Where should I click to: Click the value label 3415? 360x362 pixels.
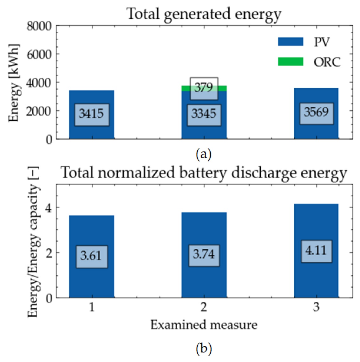[x=92, y=114]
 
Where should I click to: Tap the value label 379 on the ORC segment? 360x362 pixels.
[x=204, y=87]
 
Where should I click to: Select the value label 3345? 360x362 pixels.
[x=204, y=114]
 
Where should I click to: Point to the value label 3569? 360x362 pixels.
[x=316, y=112]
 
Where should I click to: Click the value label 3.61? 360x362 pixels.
[x=92, y=256]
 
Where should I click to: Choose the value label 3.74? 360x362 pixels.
[x=204, y=254]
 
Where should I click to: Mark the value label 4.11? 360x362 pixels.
[x=316, y=251]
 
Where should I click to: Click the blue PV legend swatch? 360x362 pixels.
[x=290, y=42]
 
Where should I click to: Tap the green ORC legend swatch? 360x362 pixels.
[x=290, y=62]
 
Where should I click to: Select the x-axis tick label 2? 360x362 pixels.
[x=204, y=307]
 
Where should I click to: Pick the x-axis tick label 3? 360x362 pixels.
[x=316, y=307]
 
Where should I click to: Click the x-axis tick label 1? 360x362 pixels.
[x=92, y=307]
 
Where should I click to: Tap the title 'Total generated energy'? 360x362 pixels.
[x=204, y=14]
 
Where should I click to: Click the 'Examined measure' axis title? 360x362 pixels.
[x=204, y=325]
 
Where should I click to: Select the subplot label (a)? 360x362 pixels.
[x=204, y=155]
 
